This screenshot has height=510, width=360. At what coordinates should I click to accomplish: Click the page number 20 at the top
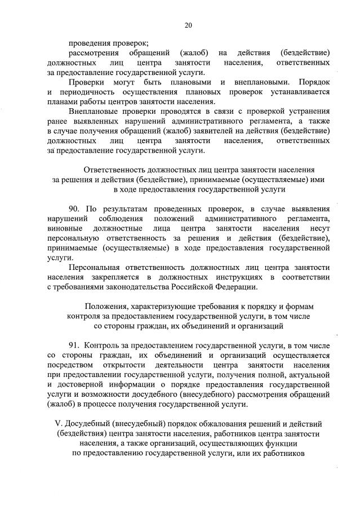(x=188, y=25)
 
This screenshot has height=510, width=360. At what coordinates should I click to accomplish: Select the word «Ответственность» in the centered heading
(x=116, y=170)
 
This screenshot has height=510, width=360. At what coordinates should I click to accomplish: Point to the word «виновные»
(x=65, y=228)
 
